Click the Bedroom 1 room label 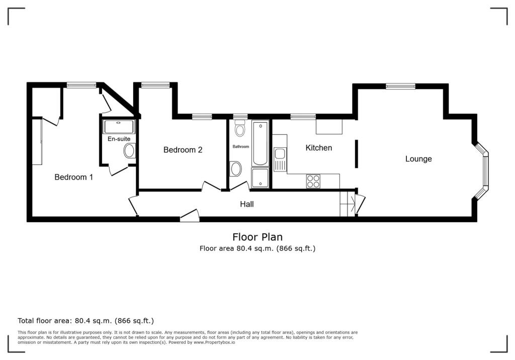[x=73, y=177]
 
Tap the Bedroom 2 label [x=183, y=150]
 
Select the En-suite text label [x=119, y=139]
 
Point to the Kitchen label [x=318, y=148]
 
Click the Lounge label [x=418, y=159]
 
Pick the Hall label [x=246, y=204]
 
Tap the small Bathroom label [x=241, y=146]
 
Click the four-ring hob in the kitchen [x=313, y=182]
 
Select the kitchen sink [x=280, y=159]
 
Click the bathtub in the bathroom [x=261, y=143]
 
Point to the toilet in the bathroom [x=240, y=128]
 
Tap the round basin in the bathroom [x=235, y=169]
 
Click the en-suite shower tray [x=119, y=127]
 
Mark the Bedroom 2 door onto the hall [x=211, y=186]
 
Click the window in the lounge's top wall [x=400, y=86]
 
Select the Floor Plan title [x=257, y=237]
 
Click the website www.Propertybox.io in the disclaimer [x=214, y=342]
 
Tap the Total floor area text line [x=85, y=321]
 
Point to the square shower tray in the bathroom [x=260, y=177]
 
